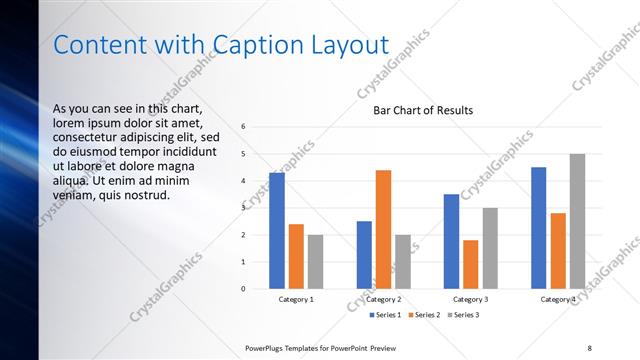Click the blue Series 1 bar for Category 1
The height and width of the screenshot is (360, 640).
[x=277, y=231]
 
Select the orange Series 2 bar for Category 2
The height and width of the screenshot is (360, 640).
[x=383, y=229]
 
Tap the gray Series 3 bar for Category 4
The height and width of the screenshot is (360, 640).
[x=577, y=221]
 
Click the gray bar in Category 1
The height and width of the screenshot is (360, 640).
[x=315, y=261]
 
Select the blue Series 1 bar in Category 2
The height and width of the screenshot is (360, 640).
[x=364, y=255]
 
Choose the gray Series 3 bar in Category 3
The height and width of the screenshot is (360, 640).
[x=490, y=248]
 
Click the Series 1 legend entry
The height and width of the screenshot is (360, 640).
[x=385, y=315]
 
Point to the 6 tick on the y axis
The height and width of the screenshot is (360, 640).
[x=243, y=127]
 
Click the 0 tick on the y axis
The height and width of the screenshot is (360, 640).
[x=243, y=289]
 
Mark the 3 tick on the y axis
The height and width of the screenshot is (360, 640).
[x=243, y=208]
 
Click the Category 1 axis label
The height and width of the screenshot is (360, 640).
[x=296, y=299]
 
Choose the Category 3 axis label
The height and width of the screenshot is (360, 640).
[x=470, y=299]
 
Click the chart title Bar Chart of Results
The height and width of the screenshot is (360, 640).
[x=423, y=110]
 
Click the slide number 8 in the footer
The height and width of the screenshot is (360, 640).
[x=589, y=347]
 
